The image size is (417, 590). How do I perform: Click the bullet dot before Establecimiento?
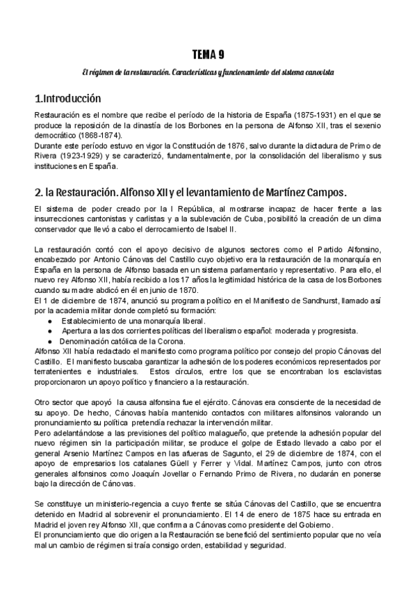(50, 321)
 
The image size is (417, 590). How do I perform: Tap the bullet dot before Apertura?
(50, 331)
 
